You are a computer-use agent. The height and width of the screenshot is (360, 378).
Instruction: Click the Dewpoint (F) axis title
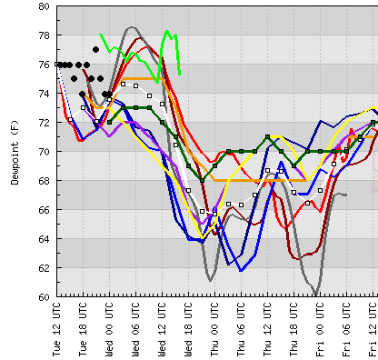pyautogui.click(x=15, y=151)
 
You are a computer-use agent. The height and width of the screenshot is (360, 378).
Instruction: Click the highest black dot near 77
pyautogui.click(x=96, y=49)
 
